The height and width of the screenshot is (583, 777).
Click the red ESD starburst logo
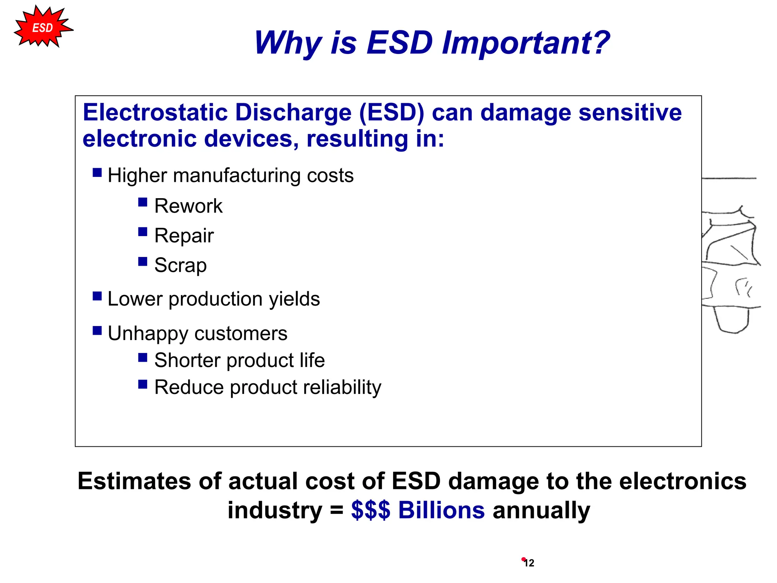click(x=42, y=28)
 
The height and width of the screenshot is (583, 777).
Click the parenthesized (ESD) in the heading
click(x=392, y=113)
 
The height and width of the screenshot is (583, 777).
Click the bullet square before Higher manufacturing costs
click(x=97, y=173)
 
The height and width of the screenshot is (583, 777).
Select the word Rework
click(x=188, y=206)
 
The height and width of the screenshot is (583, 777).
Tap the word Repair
click(x=184, y=236)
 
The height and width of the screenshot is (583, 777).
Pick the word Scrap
click(x=181, y=265)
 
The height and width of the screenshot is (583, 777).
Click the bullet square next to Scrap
click(x=143, y=262)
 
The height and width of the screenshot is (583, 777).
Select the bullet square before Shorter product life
click(x=143, y=358)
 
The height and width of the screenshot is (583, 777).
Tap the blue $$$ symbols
click(x=370, y=510)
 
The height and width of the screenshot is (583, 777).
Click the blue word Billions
click(x=441, y=510)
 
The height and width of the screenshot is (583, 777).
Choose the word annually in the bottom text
click(x=541, y=510)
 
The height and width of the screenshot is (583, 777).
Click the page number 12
click(x=529, y=563)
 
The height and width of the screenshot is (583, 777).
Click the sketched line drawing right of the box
click(x=730, y=266)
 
